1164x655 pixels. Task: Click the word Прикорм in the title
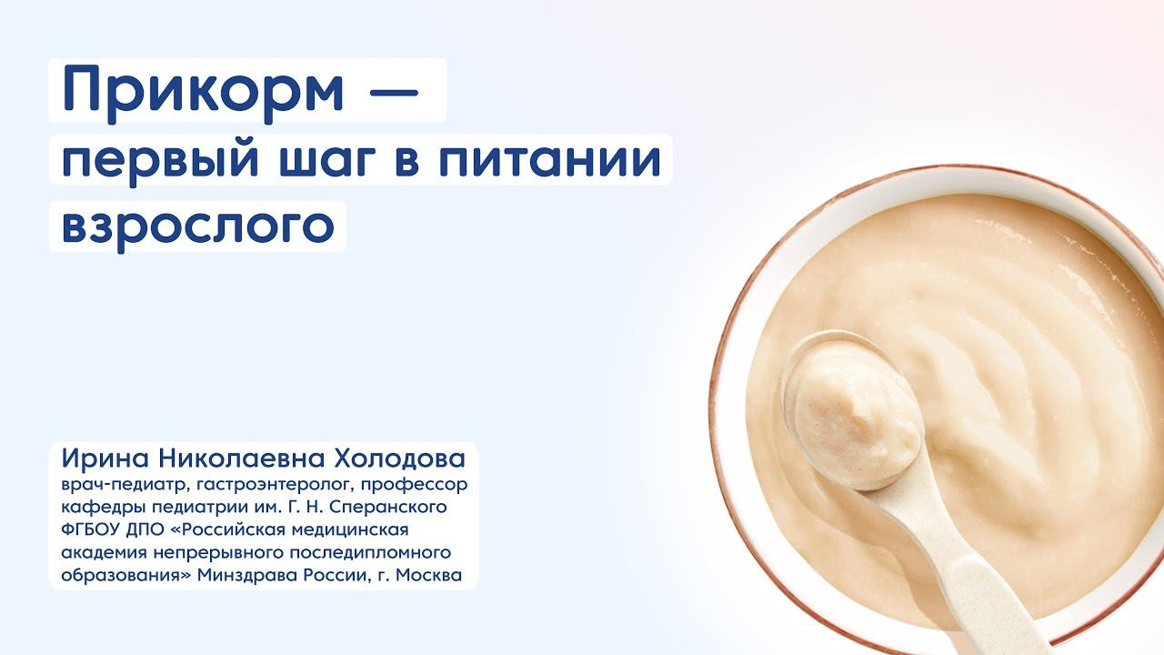[203, 91]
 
